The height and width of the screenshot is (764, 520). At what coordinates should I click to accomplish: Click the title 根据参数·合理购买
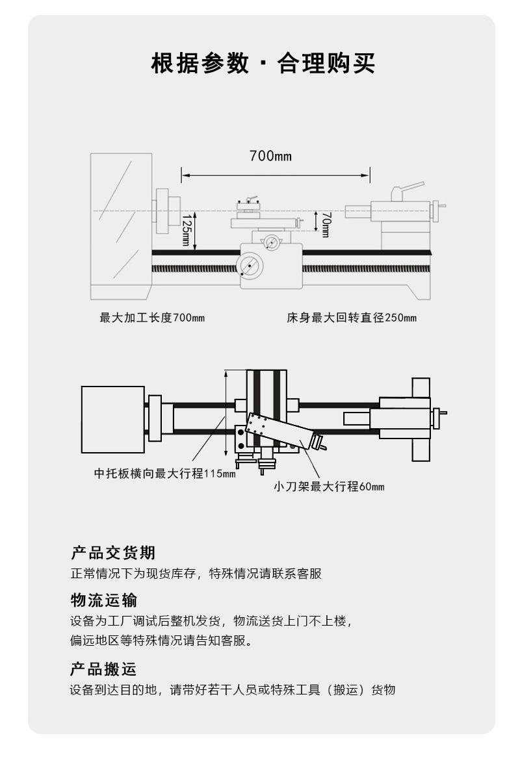point(263,64)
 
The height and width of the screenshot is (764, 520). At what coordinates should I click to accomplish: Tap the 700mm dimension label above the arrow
point(270,156)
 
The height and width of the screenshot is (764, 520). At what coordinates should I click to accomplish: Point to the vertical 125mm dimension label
point(186,230)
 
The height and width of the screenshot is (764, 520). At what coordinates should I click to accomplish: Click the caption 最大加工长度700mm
point(152,318)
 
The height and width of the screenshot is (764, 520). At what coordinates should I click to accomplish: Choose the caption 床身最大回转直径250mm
point(352,318)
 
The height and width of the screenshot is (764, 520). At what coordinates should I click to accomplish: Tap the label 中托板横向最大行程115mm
point(164,473)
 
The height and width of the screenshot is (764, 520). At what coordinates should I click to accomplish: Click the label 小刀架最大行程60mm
point(329,486)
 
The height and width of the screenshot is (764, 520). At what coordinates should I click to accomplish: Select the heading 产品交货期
point(113,552)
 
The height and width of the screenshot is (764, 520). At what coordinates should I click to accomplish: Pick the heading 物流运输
point(104,600)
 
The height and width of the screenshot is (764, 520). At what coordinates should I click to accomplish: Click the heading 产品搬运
point(103,668)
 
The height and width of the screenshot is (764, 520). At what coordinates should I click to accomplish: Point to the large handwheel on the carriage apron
point(250,266)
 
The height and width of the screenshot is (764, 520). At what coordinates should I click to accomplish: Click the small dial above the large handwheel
point(271,242)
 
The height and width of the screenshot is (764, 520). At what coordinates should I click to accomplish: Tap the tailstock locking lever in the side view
point(407,190)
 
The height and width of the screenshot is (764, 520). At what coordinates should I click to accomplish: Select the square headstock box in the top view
point(113,420)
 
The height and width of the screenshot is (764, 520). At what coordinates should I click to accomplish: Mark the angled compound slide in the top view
point(280,431)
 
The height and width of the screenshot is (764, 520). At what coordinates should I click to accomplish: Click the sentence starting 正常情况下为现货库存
point(196,574)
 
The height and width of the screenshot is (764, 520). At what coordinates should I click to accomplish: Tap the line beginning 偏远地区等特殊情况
point(162,641)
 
